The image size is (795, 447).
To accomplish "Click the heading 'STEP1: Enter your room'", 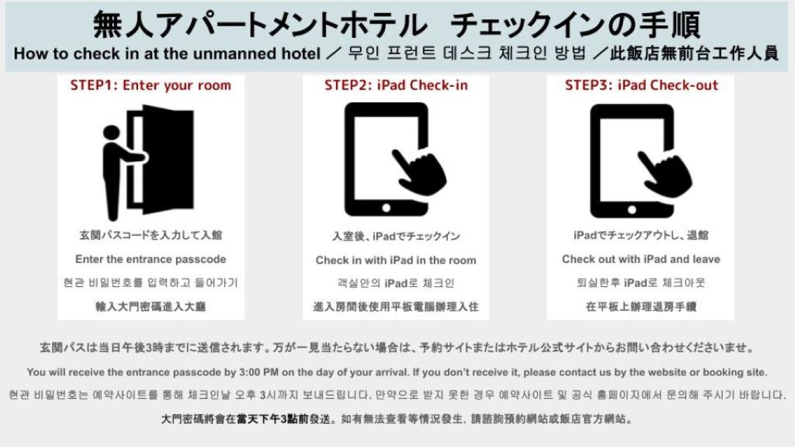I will coord(151,86).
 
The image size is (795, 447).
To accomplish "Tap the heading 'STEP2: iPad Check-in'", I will coord(396,86).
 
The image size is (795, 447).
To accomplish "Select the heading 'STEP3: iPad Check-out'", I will coord(641,86).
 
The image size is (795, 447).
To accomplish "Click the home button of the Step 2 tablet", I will coord(386,207).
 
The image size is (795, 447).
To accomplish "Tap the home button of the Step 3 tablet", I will coord(632,207).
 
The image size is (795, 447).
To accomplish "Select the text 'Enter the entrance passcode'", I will coord(151,260).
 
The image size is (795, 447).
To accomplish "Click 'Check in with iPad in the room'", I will coord(396,260).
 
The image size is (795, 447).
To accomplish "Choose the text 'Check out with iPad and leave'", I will coord(641,260).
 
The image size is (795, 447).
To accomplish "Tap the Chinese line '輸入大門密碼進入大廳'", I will coord(151,307).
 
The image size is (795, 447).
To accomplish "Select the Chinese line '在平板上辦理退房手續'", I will coord(641,307).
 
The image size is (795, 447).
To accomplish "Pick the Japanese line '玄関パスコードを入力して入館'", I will coord(151,236).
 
